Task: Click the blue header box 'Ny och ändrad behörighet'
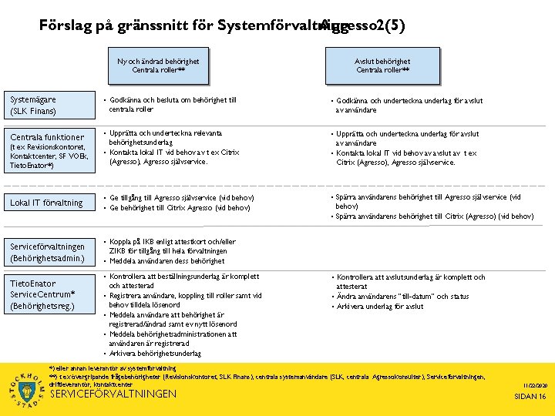point(158,65)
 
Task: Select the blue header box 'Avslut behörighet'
point(382,65)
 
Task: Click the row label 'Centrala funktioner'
point(47,137)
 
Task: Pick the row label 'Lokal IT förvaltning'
point(47,203)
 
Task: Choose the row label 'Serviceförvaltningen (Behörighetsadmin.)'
point(47,252)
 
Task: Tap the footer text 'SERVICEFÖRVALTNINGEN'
point(113,394)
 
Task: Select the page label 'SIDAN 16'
point(530,396)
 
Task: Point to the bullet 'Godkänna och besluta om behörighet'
point(173,100)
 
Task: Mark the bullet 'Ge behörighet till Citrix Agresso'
point(180,208)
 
